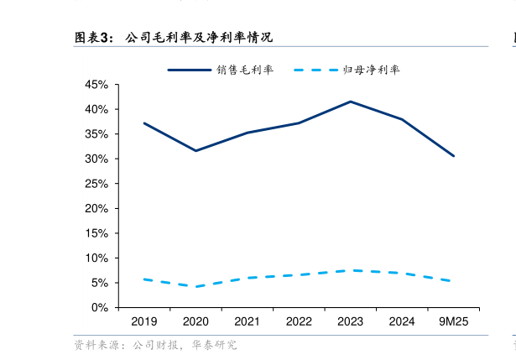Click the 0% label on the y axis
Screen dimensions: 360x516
click(99, 308)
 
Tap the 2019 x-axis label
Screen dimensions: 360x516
click(143, 321)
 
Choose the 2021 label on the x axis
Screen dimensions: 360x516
click(247, 321)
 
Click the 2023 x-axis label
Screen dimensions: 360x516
click(350, 321)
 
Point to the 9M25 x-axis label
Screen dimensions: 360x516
click(454, 321)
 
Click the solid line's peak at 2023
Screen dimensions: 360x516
click(350, 102)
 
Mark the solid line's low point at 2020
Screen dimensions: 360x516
click(195, 151)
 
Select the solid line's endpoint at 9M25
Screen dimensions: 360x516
click(454, 156)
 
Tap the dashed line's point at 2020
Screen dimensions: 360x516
click(195, 287)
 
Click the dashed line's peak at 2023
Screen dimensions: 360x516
click(350, 270)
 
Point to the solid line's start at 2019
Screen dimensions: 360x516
click(143, 123)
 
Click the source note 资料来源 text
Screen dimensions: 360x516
click(155, 345)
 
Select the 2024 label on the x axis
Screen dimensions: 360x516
click(402, 321)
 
